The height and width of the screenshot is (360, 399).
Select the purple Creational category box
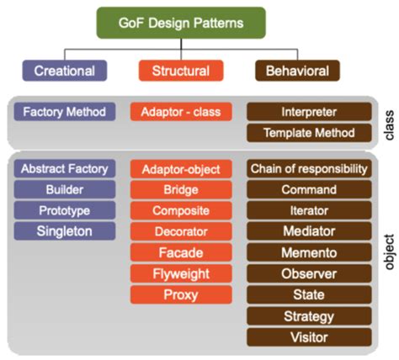65,71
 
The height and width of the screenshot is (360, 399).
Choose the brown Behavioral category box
297,71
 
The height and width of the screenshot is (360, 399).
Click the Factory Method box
65,111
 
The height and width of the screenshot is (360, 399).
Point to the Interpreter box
309,112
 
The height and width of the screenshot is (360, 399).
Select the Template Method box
309,133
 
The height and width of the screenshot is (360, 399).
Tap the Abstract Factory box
65,168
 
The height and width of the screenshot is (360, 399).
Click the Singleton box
65,230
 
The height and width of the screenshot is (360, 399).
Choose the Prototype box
65,209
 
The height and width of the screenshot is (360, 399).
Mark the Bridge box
180,189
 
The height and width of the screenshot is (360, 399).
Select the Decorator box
180,230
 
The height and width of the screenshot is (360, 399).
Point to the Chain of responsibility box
309,169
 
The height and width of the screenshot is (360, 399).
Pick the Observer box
309,273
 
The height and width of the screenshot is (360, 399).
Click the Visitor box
309,336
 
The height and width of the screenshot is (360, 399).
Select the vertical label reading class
388,123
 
